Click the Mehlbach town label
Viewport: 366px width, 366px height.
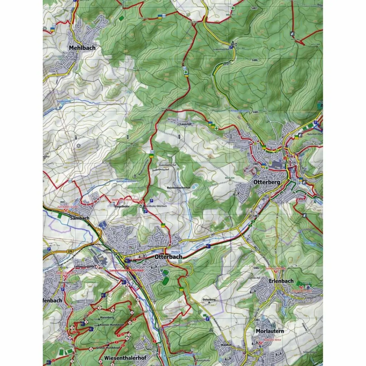pyautogui.click(x=82, y=48)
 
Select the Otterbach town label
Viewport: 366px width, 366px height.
pyautogui.click(x=168, y=257)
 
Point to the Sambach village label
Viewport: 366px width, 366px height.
pyautogui.click(x=79, y=218)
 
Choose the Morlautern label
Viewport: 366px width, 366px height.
pyautogui.click(x=270, y=331)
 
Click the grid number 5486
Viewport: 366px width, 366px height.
pyautogui.click(x=254, y=60)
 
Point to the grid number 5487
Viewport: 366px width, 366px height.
pyautogui.click(x=254, y=8)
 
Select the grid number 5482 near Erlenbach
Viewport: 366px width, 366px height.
pyautogui.click(x=256, y=268)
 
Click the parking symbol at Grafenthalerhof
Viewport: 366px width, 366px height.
pyautogui.click(x=231, y=46)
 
